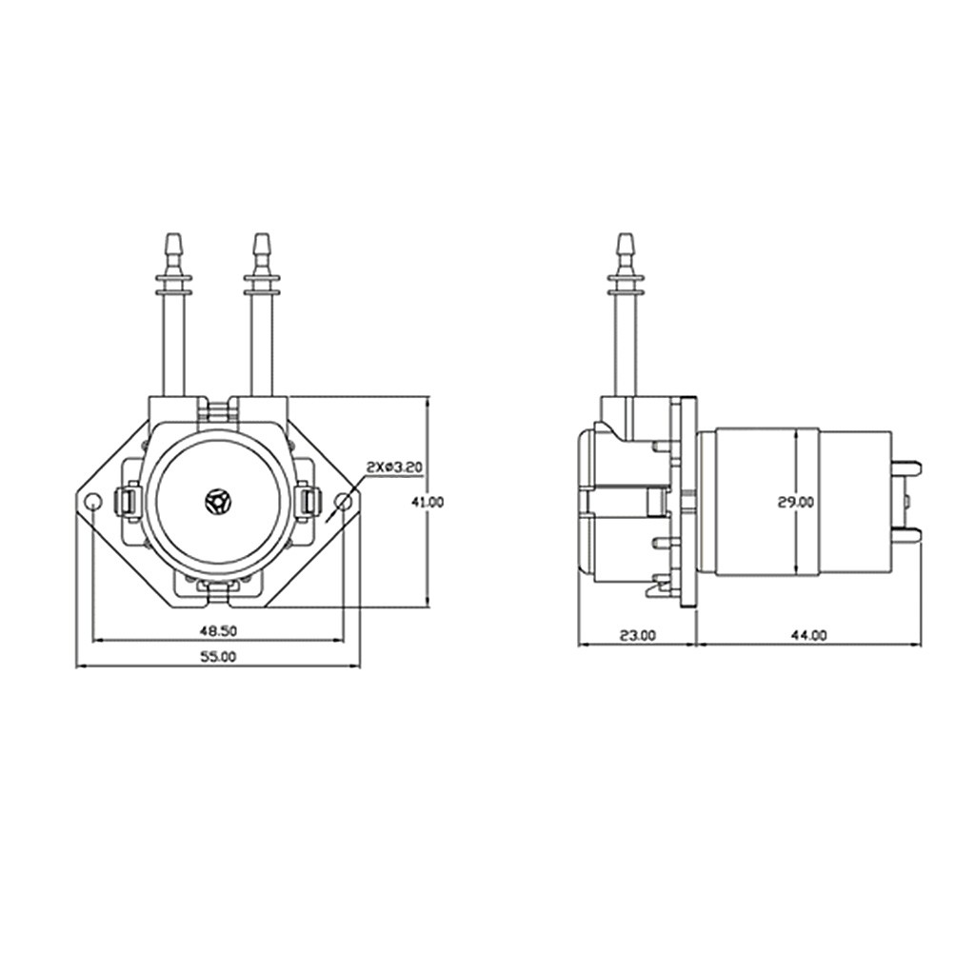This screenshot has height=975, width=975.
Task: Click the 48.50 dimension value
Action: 218,630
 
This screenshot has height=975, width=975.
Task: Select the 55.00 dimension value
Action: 218,656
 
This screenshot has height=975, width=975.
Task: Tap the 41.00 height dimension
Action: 434,502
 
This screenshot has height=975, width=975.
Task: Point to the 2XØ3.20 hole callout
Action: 393,468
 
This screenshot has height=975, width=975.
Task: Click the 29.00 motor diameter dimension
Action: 795,502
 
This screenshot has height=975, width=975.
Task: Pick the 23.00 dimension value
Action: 637,634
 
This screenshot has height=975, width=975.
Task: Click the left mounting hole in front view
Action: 92,501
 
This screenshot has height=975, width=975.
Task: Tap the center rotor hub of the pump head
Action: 218,501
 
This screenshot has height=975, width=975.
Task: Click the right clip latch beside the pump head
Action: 308,501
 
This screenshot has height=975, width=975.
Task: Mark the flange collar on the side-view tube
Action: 625,283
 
